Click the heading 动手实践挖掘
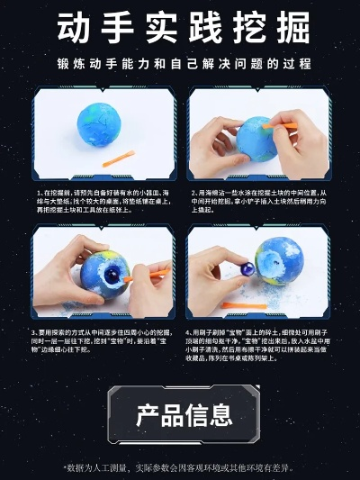[x=180, y=26]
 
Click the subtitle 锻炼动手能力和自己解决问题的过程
[x=180, y=64]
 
